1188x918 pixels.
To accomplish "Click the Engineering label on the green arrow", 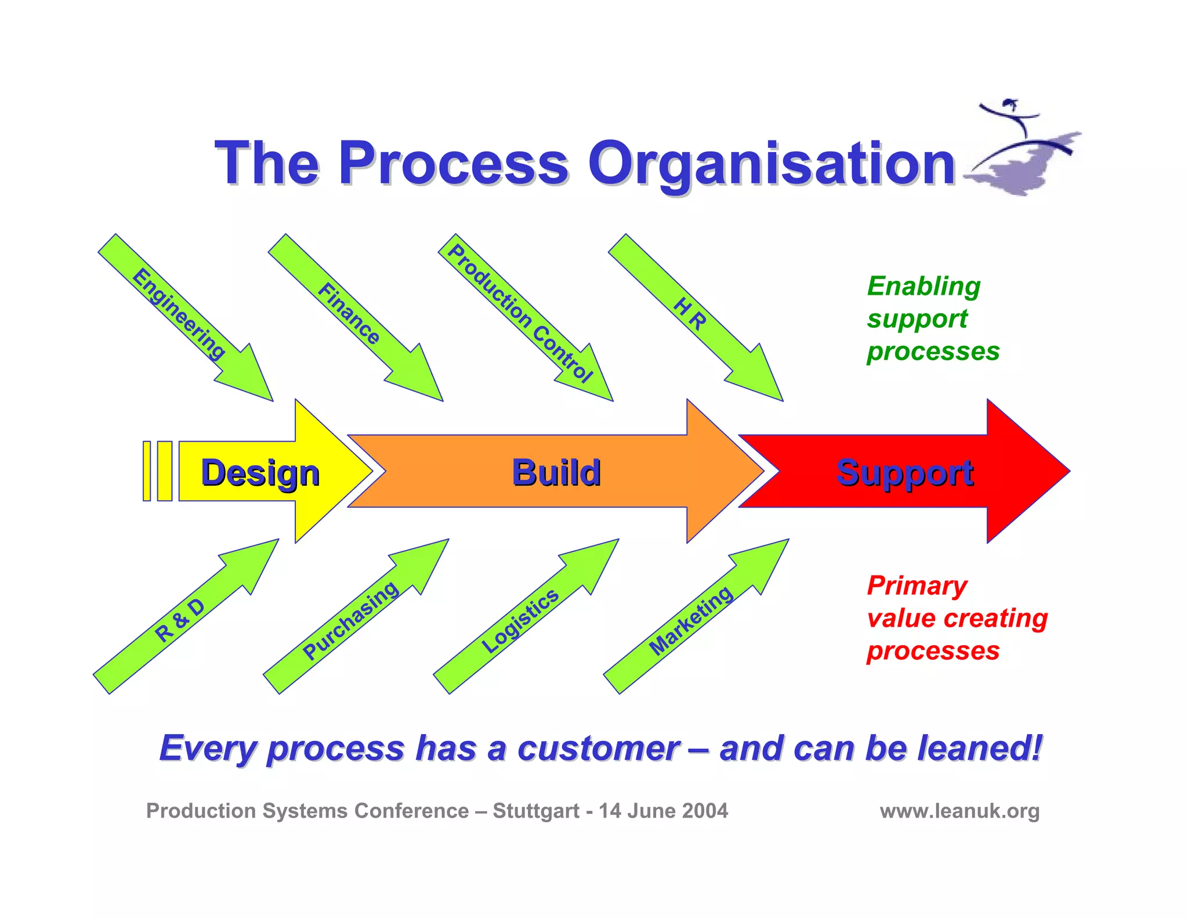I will (x=179, y=314).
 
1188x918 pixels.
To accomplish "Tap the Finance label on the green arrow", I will (x=349, y=313).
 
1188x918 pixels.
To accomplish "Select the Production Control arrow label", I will (x=520, y=314).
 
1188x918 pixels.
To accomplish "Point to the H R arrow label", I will (x=690, y=314).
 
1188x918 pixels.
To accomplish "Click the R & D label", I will (x=180, y=620).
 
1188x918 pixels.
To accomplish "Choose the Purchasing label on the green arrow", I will (x=350, y=620).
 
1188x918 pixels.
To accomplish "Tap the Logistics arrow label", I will (x=520, y=620).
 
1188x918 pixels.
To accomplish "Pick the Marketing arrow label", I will (x=690, y=620).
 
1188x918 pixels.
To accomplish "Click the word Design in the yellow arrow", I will (x=260, y=472).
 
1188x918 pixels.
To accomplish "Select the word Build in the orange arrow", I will (x=556, y=472).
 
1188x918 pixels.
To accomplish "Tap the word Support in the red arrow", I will (x=904, y=472).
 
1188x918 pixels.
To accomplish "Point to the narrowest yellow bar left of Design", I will (x=147, y=471).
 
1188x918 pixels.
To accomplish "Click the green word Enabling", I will (x=923, y=287).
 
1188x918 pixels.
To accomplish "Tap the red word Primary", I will (x=917, y=586).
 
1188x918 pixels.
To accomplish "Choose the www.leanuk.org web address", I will (x=959, y=811).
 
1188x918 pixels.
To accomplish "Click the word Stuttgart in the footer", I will (x=535, y=811).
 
